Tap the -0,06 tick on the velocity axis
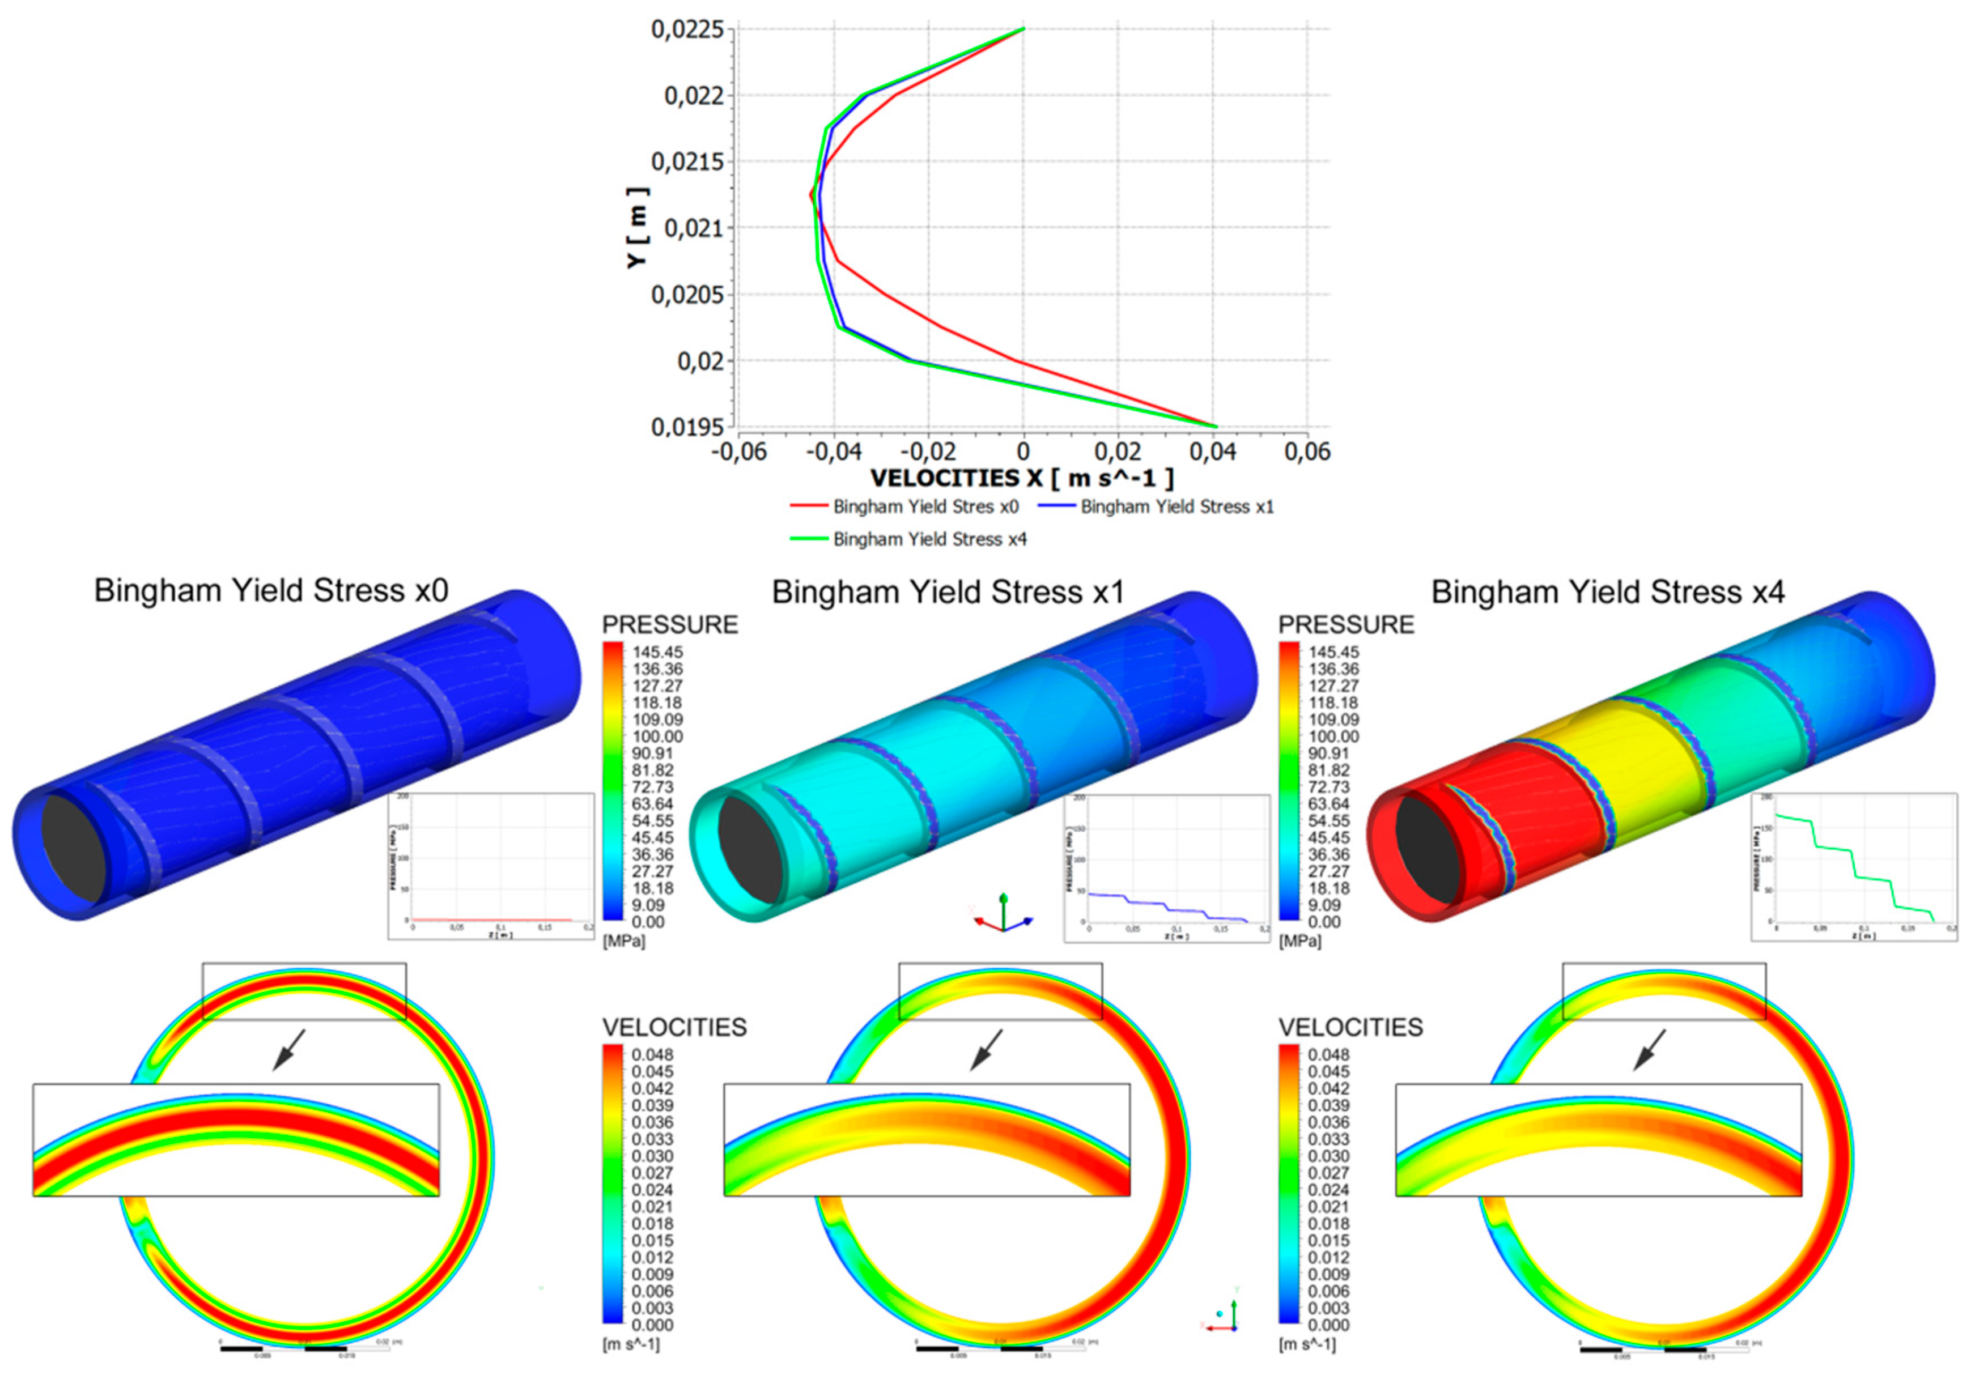pos(739,452)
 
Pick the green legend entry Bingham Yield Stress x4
pos(929,539)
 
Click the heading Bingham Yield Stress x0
pos(271,591)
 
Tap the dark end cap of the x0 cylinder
pos(73,849)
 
